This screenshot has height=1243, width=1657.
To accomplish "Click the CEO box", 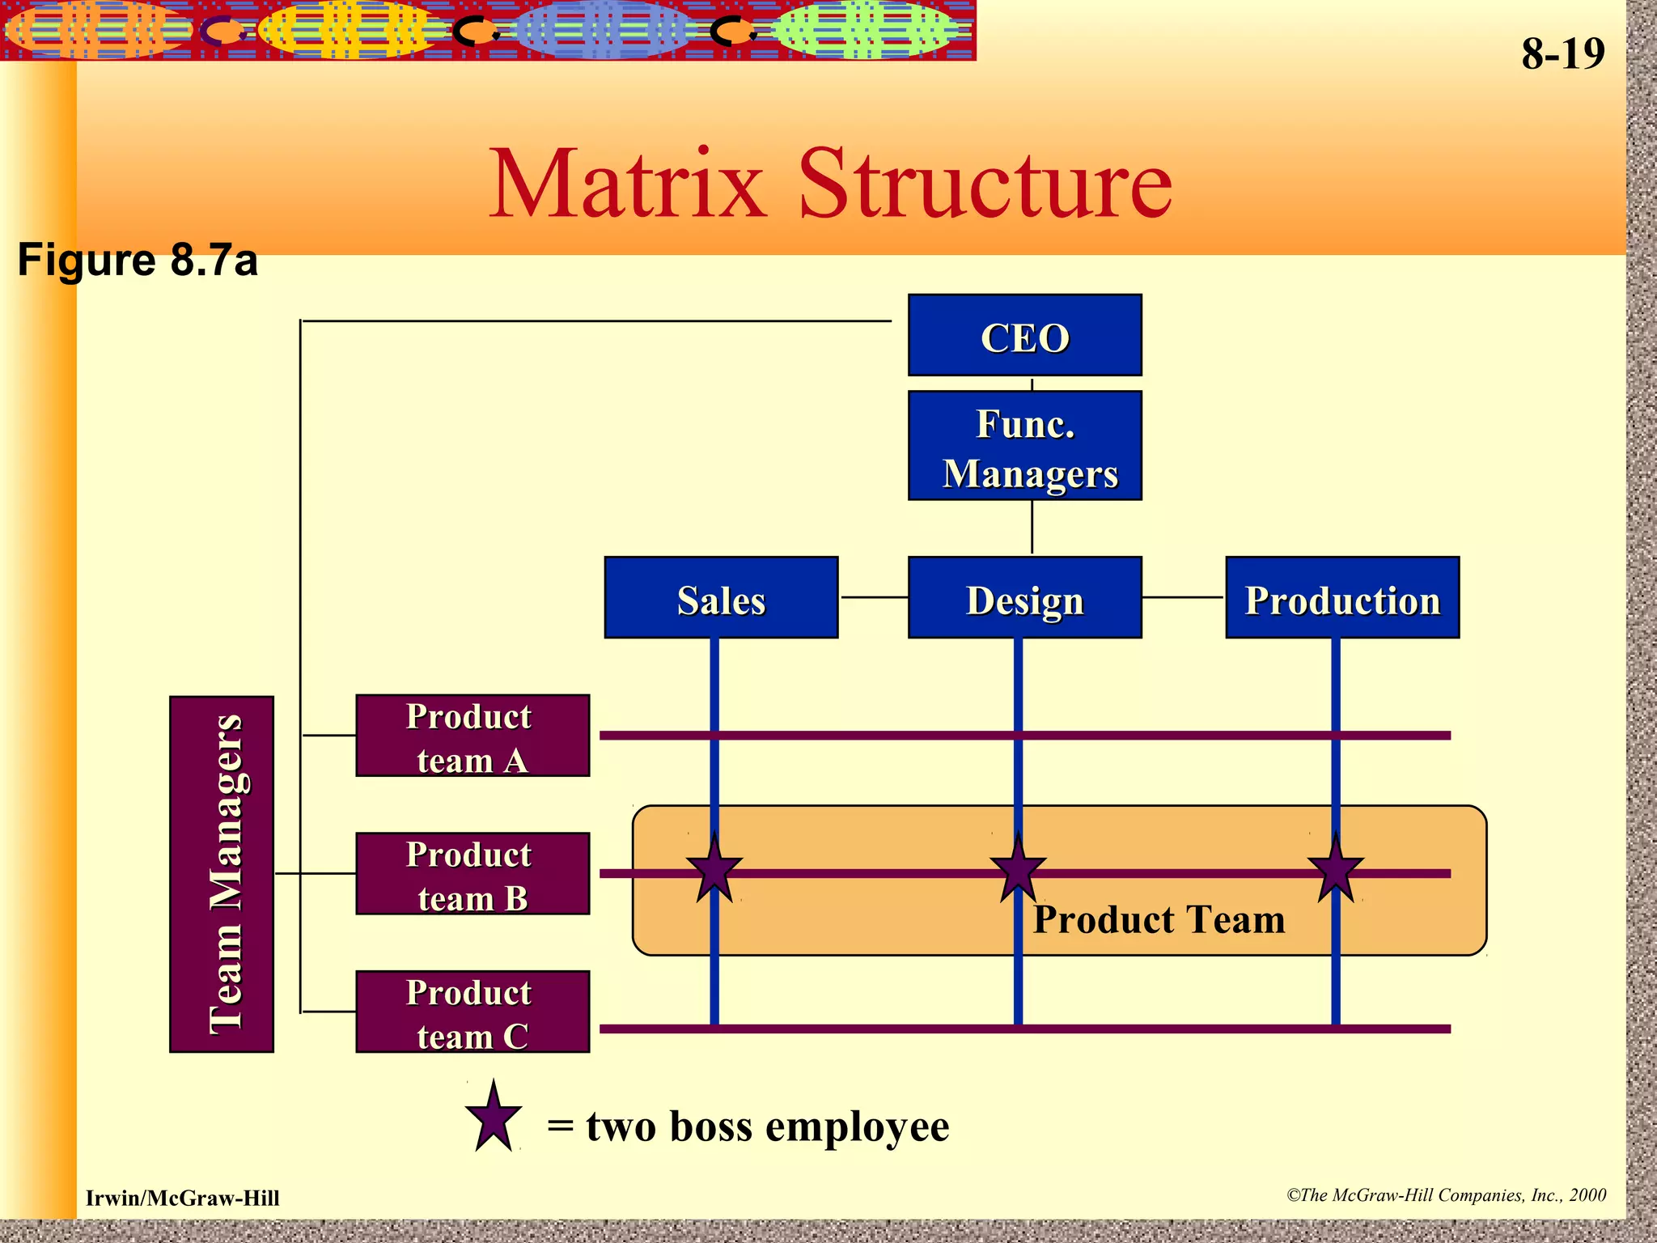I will tap(1024, 335).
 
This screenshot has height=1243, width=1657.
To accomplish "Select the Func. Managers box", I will tap(1024, 446).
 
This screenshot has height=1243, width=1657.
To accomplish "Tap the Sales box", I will tap(721, 598).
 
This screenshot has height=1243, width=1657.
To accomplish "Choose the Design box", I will tap(1024, 598).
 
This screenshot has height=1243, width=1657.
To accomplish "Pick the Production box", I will tap(1342, 598).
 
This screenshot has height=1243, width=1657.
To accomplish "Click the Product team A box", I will tap(473, 736).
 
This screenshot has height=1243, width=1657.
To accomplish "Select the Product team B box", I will tap(473, 874).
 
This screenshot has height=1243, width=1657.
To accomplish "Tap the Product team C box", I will tap(473, 1012).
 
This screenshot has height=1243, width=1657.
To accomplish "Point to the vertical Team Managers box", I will tap(222, 874).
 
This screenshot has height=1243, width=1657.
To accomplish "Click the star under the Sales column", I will tap(714, 871).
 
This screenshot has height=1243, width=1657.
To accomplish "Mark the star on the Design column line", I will tap(1018, 871).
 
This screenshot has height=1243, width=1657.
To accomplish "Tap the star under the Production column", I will tap(1336, 871).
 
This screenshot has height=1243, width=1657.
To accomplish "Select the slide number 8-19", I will tap(1562, 54).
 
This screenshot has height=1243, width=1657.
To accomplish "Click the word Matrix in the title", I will tap(627, 184).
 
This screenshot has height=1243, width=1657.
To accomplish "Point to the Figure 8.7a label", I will tap(138, 260).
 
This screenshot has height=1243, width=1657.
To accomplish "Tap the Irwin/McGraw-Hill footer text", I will tap(183, 1198).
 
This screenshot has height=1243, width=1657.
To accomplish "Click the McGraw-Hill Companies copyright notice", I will tap(1447, 1195).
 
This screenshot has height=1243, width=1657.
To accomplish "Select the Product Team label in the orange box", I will tap(1159, 920).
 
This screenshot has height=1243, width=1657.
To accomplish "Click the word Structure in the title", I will tap(985, 184).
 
